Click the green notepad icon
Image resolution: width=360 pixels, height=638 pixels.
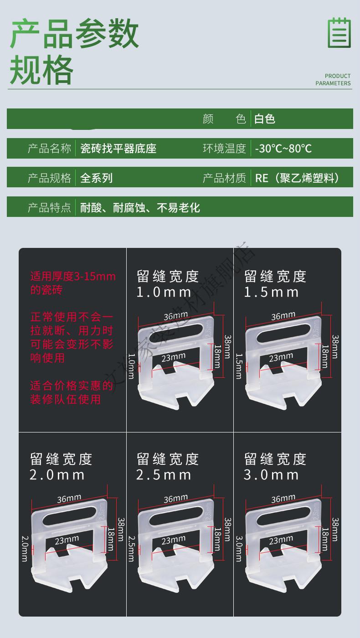tap(339, 32)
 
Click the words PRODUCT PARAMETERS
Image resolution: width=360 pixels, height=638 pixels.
tap(333, 80)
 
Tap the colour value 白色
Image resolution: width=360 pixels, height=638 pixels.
tap(265, 119)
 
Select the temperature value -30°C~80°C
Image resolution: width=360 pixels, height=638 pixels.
tap(283, 149)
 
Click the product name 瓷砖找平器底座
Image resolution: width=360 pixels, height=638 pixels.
tap(118, 149)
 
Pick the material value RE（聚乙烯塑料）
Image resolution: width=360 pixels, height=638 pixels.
tap(298, 178)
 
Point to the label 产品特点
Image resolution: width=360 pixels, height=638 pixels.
tap(50, 208)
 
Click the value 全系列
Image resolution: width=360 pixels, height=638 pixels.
tap(96, 178)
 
